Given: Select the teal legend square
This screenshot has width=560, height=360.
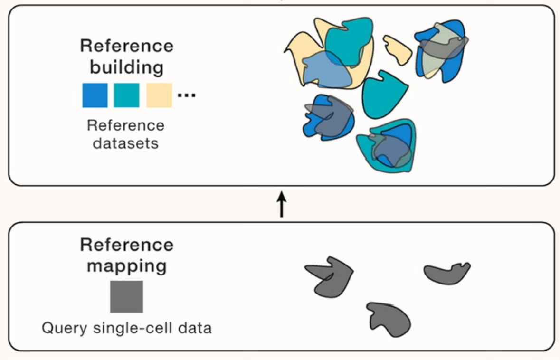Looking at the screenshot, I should tap(126, 95).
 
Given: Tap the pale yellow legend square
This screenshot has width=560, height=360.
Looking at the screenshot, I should tap(159, 95).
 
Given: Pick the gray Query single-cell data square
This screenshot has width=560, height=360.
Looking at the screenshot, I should tap(126, 296).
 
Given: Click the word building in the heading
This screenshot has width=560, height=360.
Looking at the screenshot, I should tap(126, 67).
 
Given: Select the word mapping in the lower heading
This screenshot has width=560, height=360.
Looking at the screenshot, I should tap(126, 266).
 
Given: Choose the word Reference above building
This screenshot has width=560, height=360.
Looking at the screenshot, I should tap(126, 47).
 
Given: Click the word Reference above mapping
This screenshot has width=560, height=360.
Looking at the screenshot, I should tap(126, 245).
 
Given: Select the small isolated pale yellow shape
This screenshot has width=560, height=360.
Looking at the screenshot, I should tap(398, 49).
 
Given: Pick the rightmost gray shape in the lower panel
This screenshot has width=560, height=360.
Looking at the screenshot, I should tap(446, 273).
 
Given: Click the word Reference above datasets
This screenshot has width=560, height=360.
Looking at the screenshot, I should tap(126, 125).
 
